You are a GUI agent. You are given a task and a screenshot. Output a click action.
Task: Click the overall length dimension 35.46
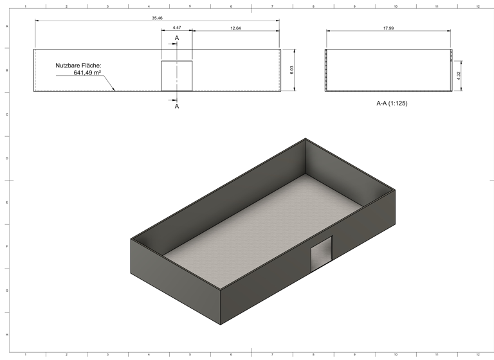[157, 18]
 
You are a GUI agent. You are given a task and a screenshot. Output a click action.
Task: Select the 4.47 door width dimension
[176, 28]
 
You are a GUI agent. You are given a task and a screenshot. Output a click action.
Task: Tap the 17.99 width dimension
[388, 28]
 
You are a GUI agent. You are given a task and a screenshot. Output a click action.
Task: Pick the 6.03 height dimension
[292, 70]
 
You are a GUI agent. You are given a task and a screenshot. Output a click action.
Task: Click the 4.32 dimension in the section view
[459, 75]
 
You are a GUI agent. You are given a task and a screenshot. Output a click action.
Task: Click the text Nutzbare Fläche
[78, 66]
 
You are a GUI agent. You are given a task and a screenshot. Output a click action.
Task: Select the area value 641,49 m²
[87, 73]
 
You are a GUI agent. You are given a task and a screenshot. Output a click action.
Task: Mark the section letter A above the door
[177, 39]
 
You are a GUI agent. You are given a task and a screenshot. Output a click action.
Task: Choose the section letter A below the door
[177, 106]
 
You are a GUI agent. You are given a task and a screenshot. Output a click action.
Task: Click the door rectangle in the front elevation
[176, 76]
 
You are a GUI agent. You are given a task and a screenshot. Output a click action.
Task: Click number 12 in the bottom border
[477, 354]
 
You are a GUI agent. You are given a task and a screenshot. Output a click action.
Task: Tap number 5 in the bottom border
[190, 354]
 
